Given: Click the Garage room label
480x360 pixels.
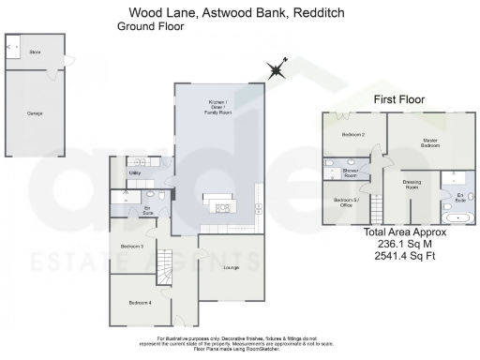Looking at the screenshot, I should (35, 112).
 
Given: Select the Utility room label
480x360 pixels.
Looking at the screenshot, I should (135, 173).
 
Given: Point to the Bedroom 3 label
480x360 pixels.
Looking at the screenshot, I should (132, 246).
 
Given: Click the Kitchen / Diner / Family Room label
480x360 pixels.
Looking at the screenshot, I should (217, 106).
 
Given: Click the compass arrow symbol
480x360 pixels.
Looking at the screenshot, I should (277, 69).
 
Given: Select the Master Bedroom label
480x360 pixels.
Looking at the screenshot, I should (430, 143).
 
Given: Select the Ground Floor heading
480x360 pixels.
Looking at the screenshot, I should (151, 27).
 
